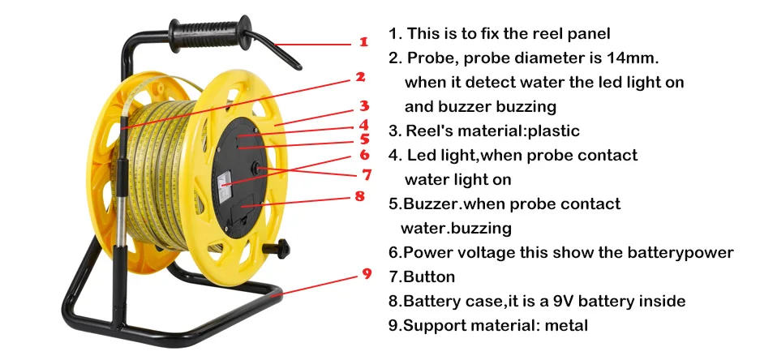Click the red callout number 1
point(363,42)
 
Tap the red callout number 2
point(360,76)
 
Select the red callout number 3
point(364,105)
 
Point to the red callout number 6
point(364,155)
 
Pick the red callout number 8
point(359,196)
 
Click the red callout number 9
point(367,273)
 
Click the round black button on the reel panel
point(255,169)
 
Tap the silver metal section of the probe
point(120,213)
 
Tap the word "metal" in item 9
point(566,326)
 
